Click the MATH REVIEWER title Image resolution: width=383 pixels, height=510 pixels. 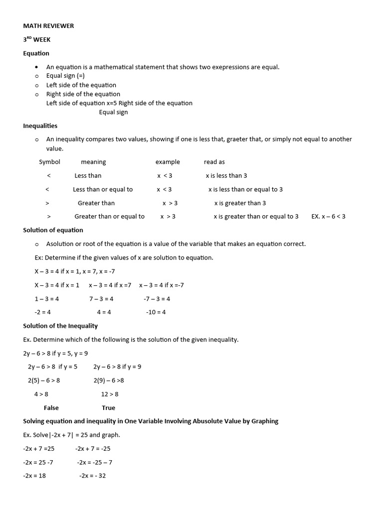coord(48,26)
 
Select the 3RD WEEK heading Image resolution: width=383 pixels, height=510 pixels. coord(37,40)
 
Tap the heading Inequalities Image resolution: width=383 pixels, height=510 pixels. coord(40,126)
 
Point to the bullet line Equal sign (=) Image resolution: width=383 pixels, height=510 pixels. coord(65,76)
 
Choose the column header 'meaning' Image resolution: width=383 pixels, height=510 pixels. coord(93,162)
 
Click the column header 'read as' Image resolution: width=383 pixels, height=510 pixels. coord(214,162)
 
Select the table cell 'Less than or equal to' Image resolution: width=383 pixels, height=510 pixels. coord(103,189)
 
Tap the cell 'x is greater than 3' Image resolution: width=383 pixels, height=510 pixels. coord(240,203)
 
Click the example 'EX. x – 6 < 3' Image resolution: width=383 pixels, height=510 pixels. coord(328,217)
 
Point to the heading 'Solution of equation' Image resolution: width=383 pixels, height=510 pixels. coord(53,230)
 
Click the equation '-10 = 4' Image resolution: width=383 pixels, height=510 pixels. coord(156,312)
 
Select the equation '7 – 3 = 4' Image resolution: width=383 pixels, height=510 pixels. coord(101,299)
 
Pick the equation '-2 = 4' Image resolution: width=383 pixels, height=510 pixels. coord(42,312)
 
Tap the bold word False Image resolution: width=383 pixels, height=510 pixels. coord(51,408)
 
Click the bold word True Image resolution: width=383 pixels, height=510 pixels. coord(108,408)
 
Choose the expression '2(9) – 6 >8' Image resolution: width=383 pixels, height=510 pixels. coord(109,381)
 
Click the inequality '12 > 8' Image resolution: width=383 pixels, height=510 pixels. coord(110,394)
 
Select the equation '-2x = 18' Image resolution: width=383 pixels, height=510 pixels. coord(34,476)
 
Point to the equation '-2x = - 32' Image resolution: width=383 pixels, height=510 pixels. coord(92,476)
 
